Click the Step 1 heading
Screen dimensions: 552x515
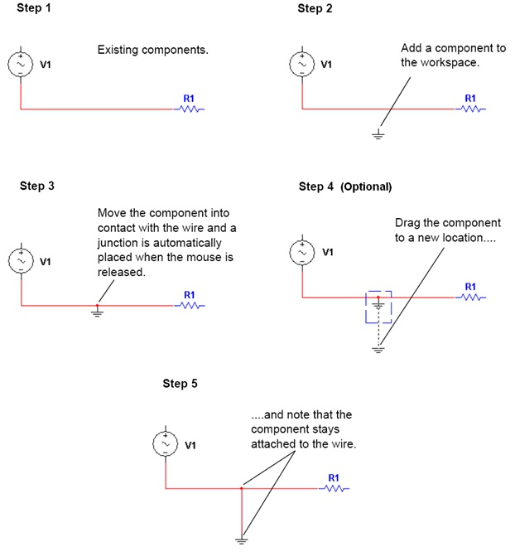coord(35,8)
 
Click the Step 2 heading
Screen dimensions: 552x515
coord(315,8)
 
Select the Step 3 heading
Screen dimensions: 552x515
coord(36,186)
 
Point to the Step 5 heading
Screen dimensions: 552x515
coord(180,384)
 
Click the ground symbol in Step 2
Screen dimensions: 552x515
coord(378,133)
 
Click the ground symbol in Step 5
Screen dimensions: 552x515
coord(242,540)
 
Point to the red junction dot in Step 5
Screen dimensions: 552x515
coord(242,489)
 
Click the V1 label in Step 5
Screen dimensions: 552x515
coord(190,445)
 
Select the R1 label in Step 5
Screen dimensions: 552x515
coord(333,478)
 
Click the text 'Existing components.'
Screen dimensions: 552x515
coord(152,51)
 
